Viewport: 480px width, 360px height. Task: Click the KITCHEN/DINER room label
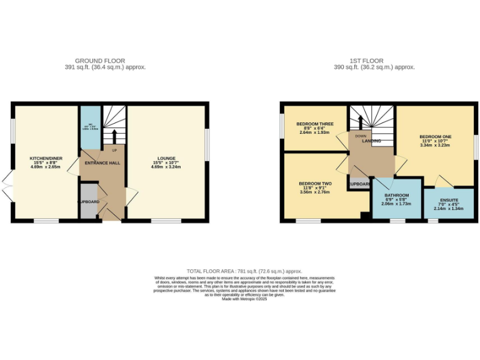[x=46, y=158]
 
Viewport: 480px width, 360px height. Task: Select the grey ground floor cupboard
[x=88, y=202]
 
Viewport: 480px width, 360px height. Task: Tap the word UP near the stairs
[x=114, y=151]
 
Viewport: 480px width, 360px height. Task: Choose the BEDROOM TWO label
[x=315, y=183]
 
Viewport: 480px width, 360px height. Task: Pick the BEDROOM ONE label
[x=435, y=136]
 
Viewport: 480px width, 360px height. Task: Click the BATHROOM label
[x=396, y=195]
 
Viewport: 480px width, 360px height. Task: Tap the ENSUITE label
[x=447, y=200]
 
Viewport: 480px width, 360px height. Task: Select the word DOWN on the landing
[x=361, y=136]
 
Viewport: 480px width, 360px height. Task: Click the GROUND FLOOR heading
[x=104, y=61]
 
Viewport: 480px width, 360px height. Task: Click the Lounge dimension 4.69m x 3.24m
[x=166, y=167]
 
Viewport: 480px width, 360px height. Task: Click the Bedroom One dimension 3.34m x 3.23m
[x=435, y=146]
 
